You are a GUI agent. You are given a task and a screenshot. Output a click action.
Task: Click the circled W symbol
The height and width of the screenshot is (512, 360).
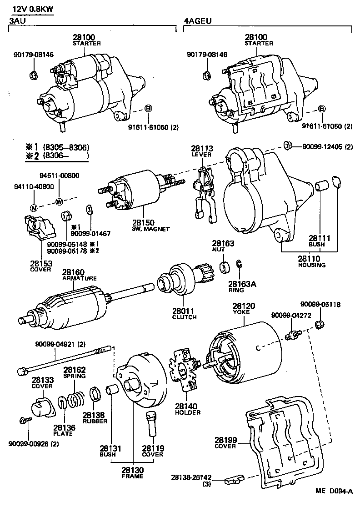58,201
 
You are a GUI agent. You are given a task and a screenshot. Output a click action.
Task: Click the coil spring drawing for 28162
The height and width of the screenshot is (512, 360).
77,400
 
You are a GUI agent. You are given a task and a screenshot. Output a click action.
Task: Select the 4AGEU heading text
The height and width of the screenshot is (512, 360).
198,21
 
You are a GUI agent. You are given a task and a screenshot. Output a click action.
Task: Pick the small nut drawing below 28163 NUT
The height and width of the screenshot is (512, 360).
224,267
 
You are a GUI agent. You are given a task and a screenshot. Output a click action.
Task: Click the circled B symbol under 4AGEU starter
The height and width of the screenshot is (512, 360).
322,109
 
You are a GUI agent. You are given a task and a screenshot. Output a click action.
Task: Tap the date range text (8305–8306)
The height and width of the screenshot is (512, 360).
66,147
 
